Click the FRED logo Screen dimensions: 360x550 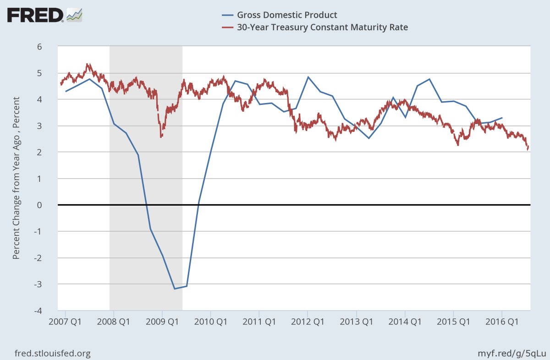tap(44, 15)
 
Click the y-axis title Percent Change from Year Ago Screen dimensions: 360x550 tap(16, 179)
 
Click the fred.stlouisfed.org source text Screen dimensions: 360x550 tap(53, 353)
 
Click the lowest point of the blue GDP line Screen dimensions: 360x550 tap(175, 289)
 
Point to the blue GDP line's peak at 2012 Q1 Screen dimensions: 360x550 tap(308, 77)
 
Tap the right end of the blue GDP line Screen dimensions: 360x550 tap(502, 118)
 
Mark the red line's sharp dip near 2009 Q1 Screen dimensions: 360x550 tap(161, 136)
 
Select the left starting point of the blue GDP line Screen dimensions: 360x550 tap(66, 92)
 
